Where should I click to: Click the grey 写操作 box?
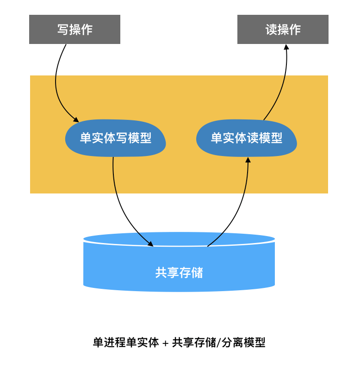pyautogui.click(x=74, y=29)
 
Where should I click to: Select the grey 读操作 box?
pyautogui.click(x=283, y=29)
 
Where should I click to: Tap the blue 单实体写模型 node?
pyautogui.click(x=115, y=138)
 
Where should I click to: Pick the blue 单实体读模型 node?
pyautogui.click(x=246, y=138)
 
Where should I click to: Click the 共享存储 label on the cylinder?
pyautogui.click(x=179, y=273)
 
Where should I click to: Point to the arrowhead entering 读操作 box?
pyautogui.click(x=286, y=47)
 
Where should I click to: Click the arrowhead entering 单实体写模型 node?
pyautogui.click(x=76, y=120)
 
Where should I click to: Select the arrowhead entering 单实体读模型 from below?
pyautogui.click(x=248, y=160)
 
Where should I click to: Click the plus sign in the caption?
pyautogui.click(x=166, y=343)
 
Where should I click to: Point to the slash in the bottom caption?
pyautogui.click(x=219, y=343)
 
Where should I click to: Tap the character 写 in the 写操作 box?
pyautogui.click(x=63, y=29)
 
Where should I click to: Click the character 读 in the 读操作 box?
pyautogui.click(x=271, y=29)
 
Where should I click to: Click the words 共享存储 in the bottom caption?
pyautogui.click(x=194, y=343)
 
